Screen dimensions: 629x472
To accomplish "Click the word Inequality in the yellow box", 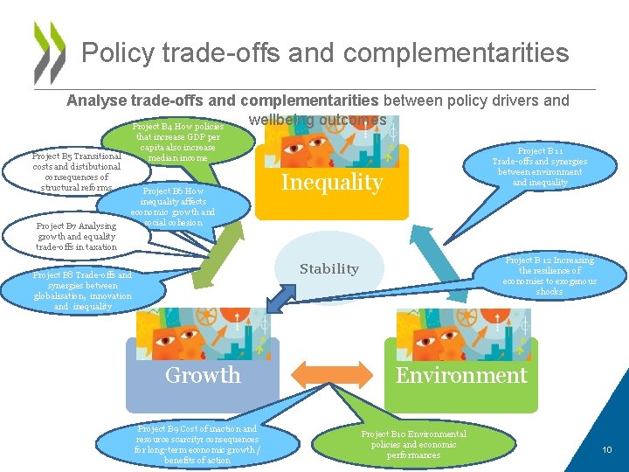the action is click(x=331, y=183).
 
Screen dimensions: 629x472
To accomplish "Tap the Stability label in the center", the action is click(x=328, y=268).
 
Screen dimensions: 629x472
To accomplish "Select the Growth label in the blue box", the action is click(x=203, y=375).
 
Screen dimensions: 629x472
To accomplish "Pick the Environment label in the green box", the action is click(x=461, y=375).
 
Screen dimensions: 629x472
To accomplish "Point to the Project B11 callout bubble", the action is click(x=539, y=166).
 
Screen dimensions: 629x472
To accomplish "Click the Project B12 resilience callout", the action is click(x=550, y=275).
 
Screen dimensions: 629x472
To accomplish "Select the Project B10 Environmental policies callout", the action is click(x=413, y=444).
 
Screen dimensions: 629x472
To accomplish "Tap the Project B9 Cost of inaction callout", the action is click(x=197, y=444).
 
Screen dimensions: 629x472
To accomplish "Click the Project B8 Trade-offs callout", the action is click(x=81, y=290).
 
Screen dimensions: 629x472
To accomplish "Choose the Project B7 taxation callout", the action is click(x=76, y=236).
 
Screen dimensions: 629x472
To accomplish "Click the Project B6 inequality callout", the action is click(x=173, y=206).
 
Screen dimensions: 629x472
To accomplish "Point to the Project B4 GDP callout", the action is click(x=178, y=142).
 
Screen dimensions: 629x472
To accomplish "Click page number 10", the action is click(x=606, y=449).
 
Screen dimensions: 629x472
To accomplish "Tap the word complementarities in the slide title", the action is click(x=456, y=52).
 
